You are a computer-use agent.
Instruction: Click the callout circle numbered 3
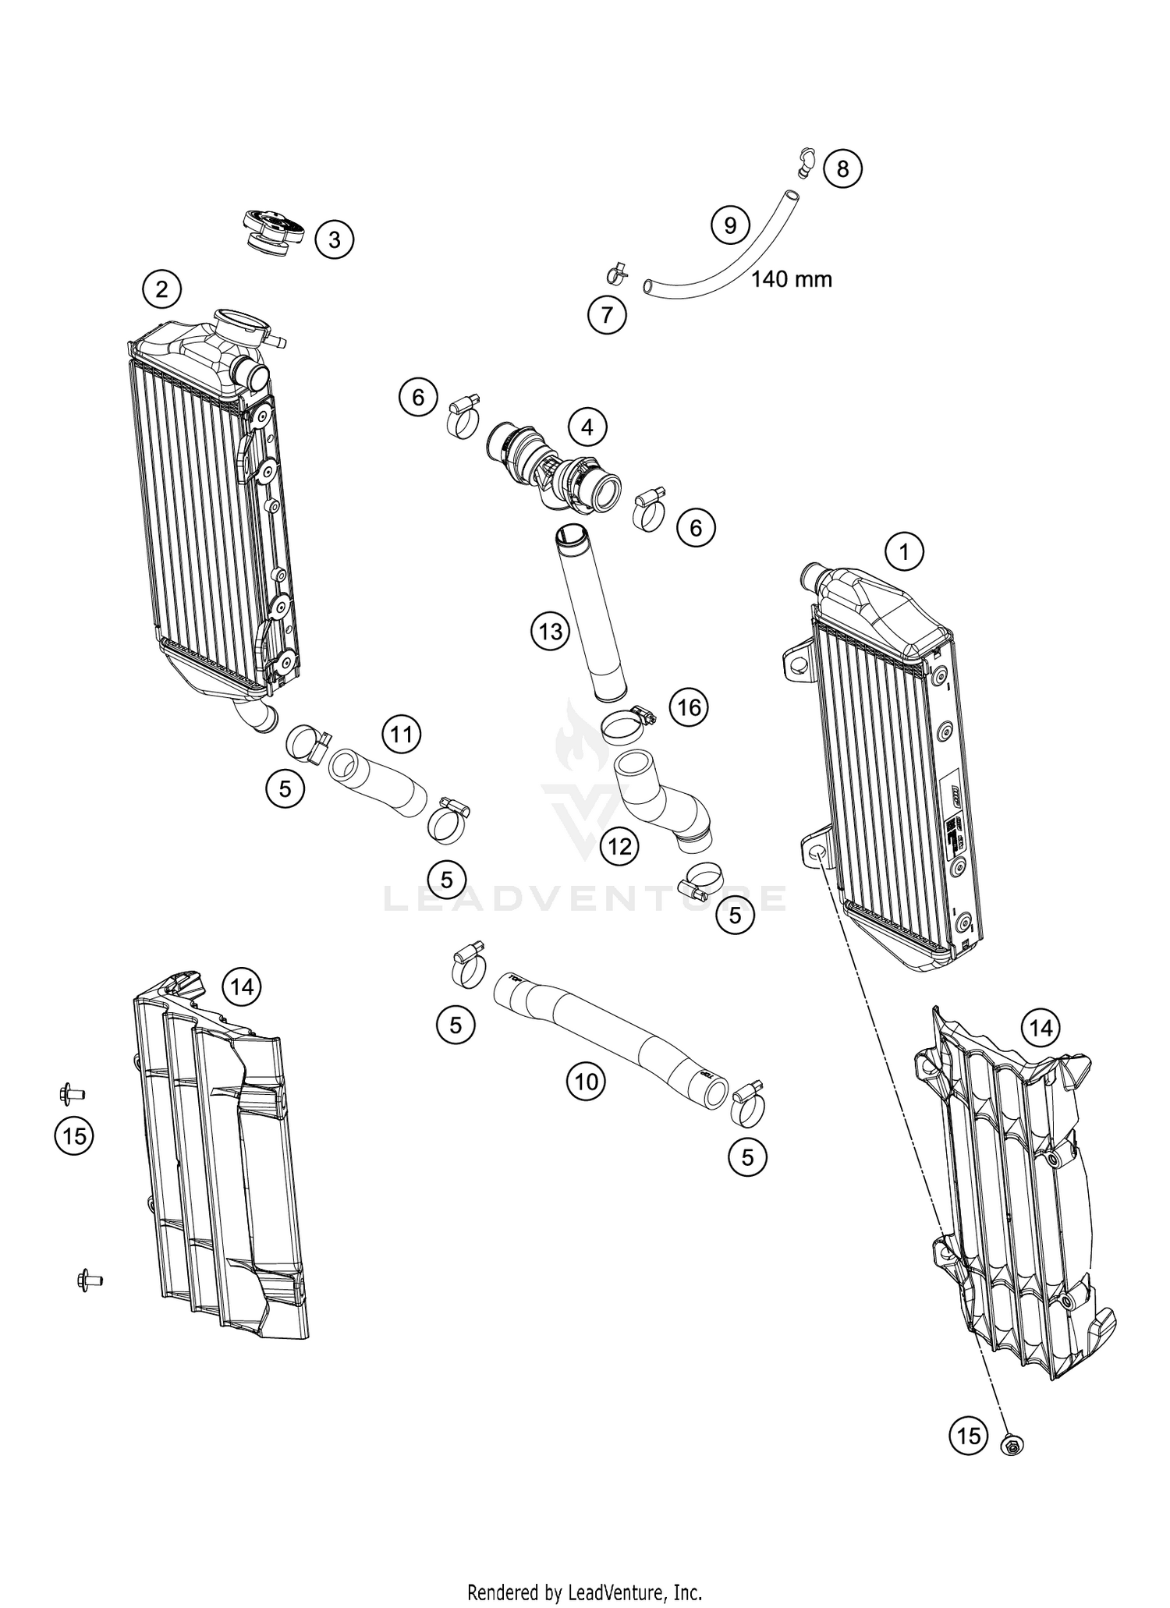pyautogui.click(x=334, y=239)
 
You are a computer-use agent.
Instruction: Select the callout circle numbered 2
pyautogui.click(x=161, y=290)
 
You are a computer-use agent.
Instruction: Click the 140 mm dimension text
pyautogui.click(x=791, y=278)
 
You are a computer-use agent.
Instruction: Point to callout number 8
pyautogui.click(x=842, y=168)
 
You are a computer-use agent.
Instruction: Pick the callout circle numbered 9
pyautogui.click(x=730, y=225)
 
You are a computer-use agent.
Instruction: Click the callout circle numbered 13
pyautogui.click(x=551, y=631)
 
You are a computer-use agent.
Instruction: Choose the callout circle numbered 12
pyautogui.click(x=620, y=845)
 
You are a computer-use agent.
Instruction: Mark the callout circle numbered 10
pyautogui.click(x=586, y=1081)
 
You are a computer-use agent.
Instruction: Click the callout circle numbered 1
pyautogui.click(x=904, y=553)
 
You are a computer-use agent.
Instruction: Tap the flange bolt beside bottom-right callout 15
pyautogui.click(x=1012, y=1446)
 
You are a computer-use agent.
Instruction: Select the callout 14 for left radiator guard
pyautogui.click(x=242, y=987)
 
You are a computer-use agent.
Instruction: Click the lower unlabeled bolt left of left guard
pyautogui.click(x=87, y=1280)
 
